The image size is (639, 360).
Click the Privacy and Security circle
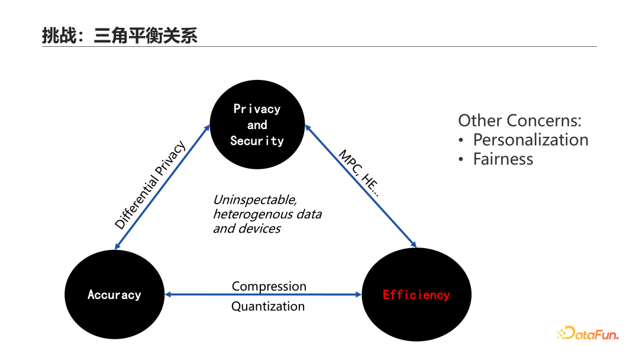(x=257, y=124)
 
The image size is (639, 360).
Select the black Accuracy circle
(x=114, y=294)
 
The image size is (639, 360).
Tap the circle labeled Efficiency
(x=416, y=294)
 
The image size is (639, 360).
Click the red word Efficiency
(x=416, y=295)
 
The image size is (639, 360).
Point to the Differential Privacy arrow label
(x=150, y=185)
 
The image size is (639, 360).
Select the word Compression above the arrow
(x=269, y=287)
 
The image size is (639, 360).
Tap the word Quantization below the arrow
(x=268, y=306)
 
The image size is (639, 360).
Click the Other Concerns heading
(x=519, y=121)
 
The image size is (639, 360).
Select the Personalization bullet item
(x=530, y=140)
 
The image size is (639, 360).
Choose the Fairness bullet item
(x=503, y=159)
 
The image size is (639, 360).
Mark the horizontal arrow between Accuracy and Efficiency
(x=263, y=295)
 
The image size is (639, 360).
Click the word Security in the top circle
(x=257, y=141)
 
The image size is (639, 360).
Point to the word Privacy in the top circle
(x=257, y=109)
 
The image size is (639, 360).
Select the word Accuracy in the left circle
(x=114, y=295)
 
